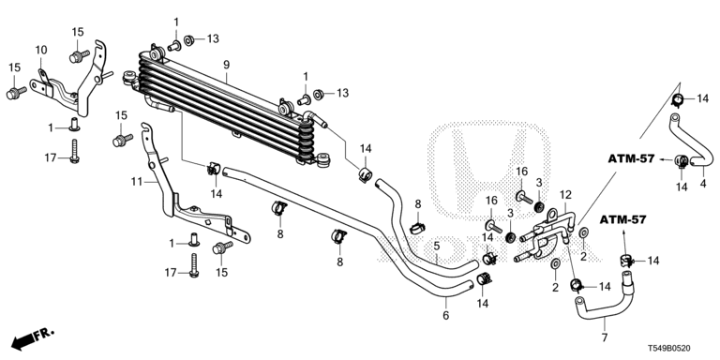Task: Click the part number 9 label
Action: (226, 65)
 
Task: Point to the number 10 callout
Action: (41, 50)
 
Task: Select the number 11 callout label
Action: (137, 182)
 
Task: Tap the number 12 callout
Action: (564, 195)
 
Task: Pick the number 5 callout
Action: (436, 247)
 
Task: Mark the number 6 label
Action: (446, 315)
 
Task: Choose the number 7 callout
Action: (605, 338)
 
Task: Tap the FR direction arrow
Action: (32, 337)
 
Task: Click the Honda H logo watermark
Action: (488, 171)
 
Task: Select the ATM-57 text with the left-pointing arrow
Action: (631, 158)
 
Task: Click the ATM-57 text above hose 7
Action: (623, 219)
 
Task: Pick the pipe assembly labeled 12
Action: (547, 235)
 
